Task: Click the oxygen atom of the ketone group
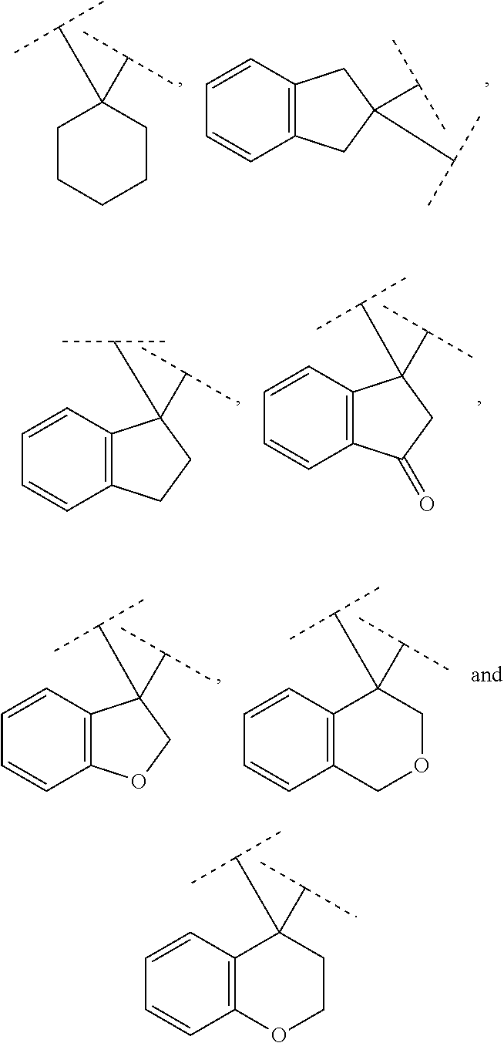point(425,505)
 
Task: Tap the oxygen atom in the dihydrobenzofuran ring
point(138,782)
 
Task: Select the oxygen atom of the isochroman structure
point(421,765)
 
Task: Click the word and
point(486,676)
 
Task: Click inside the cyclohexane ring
point(102,153)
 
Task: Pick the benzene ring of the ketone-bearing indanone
point(308,418)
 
